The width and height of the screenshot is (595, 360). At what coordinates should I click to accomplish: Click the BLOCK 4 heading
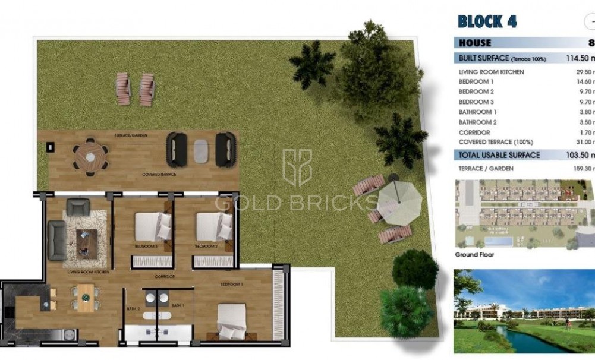(487, 21)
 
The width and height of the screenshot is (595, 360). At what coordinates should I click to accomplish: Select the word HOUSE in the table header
(475, 43)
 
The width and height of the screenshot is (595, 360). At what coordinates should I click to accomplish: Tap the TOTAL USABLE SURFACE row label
(499, 155)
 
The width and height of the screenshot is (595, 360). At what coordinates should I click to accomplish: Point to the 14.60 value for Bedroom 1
(585, 81)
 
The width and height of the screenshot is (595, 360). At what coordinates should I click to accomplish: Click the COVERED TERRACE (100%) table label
(496, 142)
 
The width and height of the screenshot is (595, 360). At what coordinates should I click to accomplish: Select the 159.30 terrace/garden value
(585, 169)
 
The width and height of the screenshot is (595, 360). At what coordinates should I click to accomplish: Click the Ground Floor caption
(474, 255)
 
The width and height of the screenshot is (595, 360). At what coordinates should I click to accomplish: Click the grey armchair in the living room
(77, 207)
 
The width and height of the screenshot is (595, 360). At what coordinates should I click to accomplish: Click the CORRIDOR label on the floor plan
(165, 277)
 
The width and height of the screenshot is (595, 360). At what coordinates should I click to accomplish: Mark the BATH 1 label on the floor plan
(178, 305)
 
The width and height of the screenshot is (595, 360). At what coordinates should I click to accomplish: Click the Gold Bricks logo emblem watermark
(297, 168)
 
